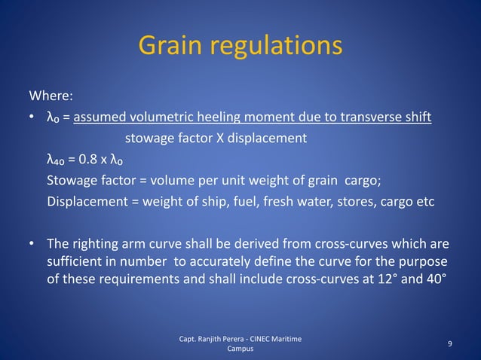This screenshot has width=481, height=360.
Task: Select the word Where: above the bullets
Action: click(51, 96)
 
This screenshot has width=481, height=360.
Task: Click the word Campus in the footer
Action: click(240, 349)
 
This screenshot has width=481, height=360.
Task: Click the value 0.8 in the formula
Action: click(90, 160)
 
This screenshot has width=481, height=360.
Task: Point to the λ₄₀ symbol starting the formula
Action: click(57, 160)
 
